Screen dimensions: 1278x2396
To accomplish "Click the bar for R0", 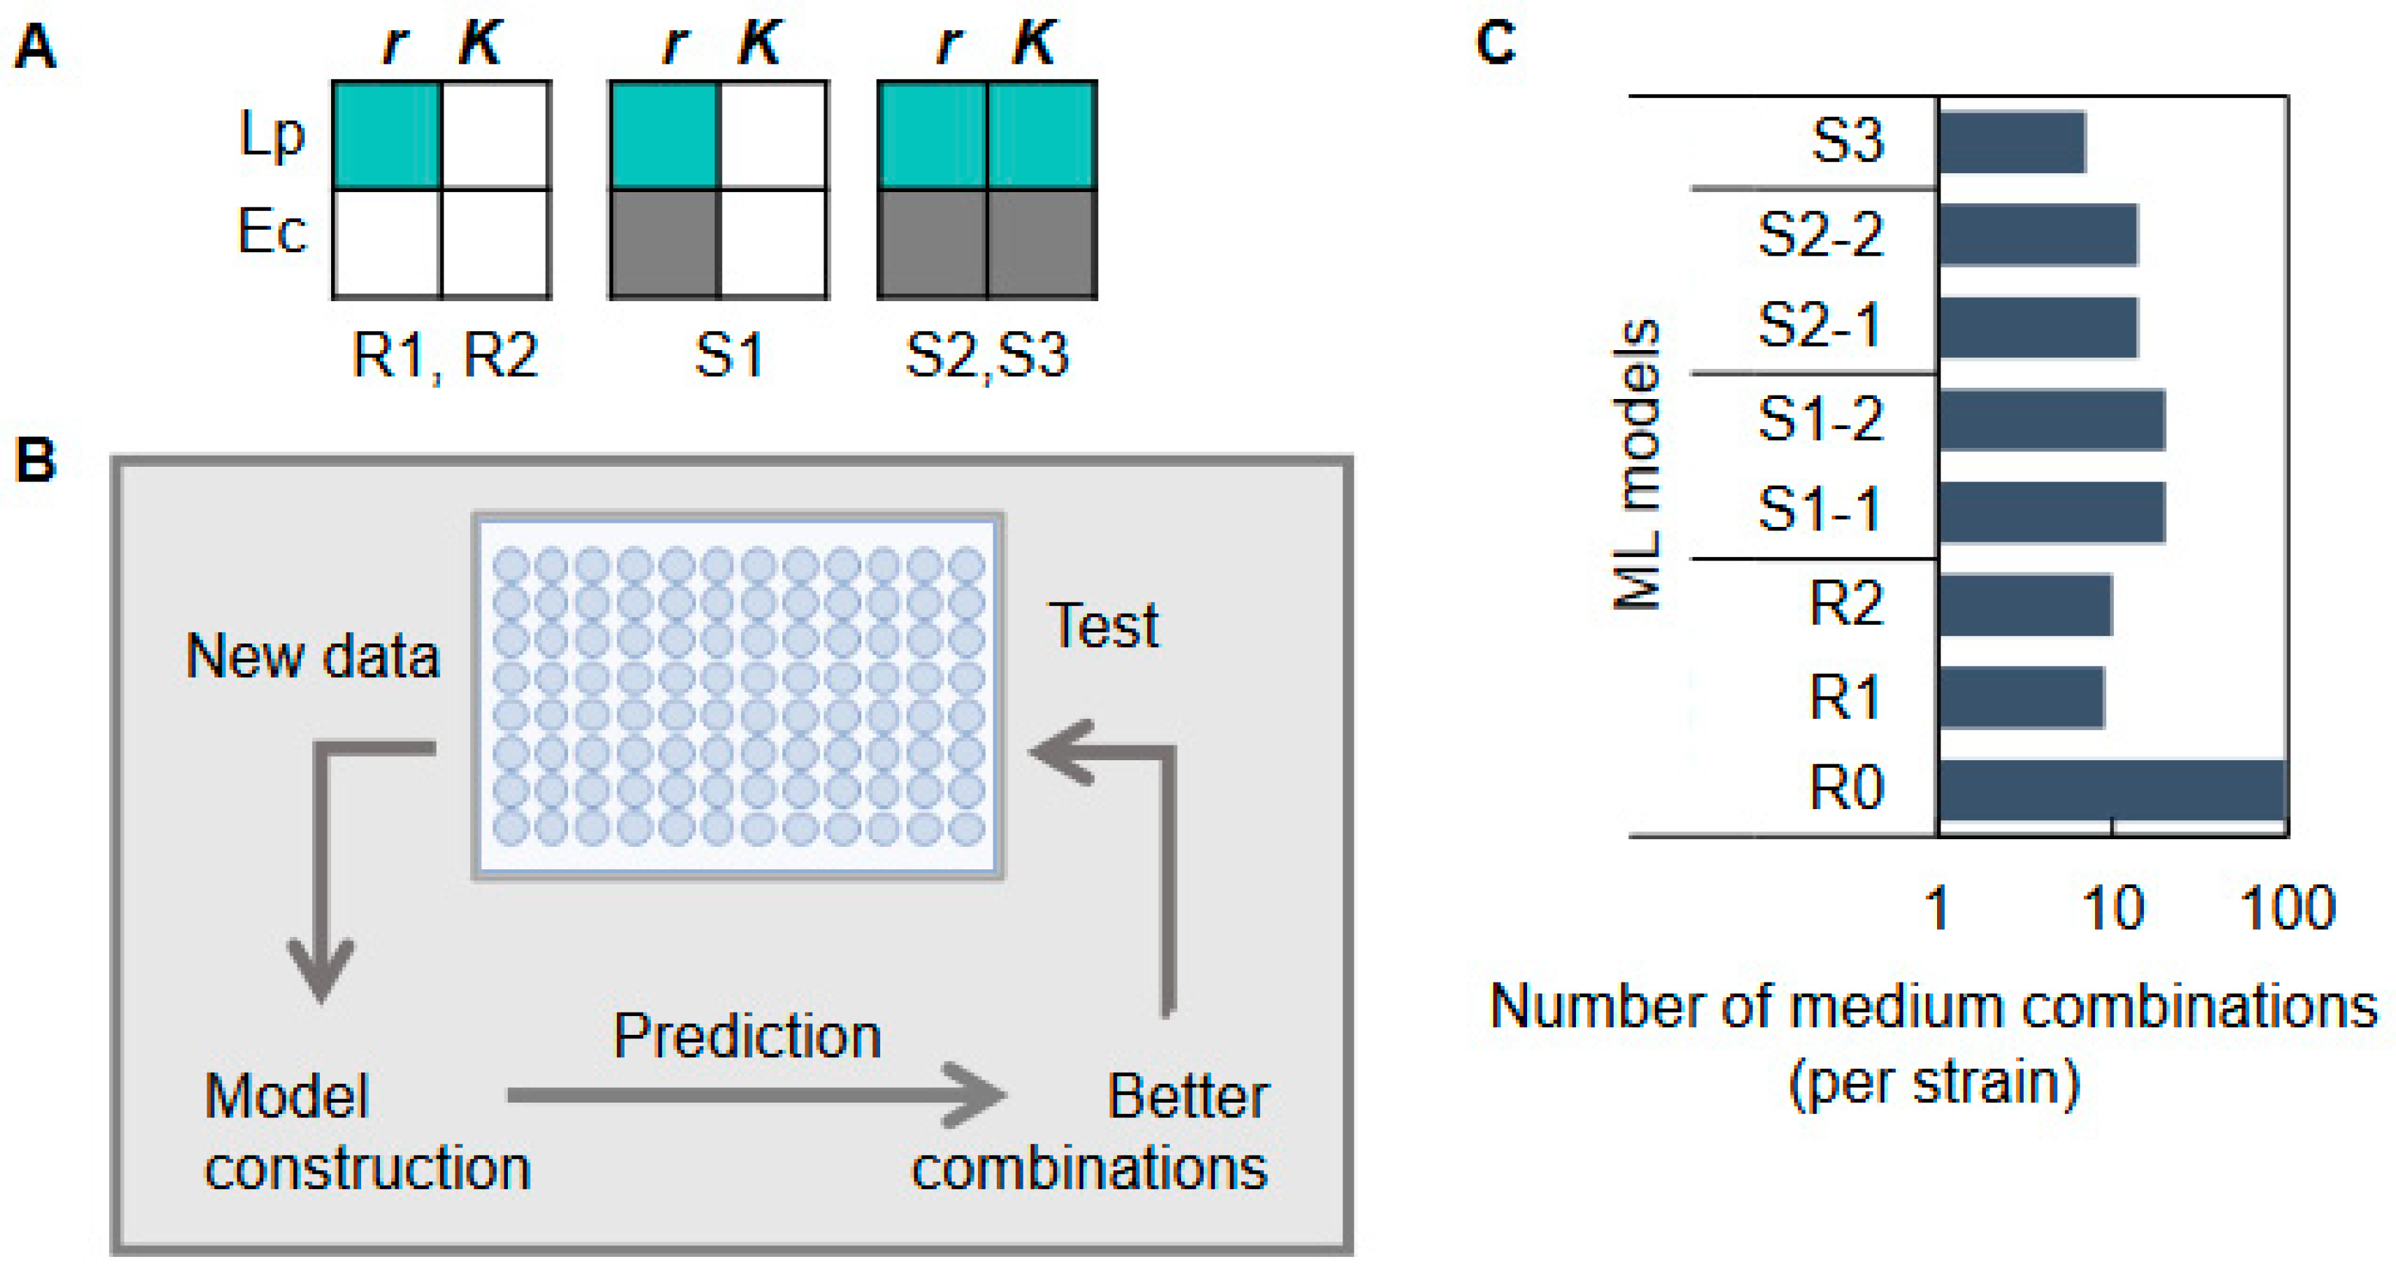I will click(2112, 790).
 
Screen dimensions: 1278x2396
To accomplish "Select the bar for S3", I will click(2012, 143).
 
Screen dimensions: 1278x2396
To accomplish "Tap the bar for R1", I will click(2020, 697).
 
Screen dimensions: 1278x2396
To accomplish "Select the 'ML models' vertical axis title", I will click(1637, 465).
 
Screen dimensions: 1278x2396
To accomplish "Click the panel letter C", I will click(1496, 43).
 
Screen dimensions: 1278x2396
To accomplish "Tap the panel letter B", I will click(36, 460).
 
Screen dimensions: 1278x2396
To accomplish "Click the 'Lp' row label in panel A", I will click(270, 136).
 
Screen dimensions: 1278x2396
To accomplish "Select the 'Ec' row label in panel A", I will click(270, 231).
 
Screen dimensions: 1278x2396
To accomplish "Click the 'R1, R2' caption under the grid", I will click(444, 355).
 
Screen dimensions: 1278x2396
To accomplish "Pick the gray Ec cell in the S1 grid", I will click(664, 244).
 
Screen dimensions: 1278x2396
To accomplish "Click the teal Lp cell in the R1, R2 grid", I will click(387, 136).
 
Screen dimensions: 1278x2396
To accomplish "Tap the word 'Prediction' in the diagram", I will click(747, 1036).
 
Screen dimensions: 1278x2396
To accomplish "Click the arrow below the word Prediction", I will click(754, 1096).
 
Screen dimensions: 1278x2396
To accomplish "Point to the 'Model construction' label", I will click(367, 1131).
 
